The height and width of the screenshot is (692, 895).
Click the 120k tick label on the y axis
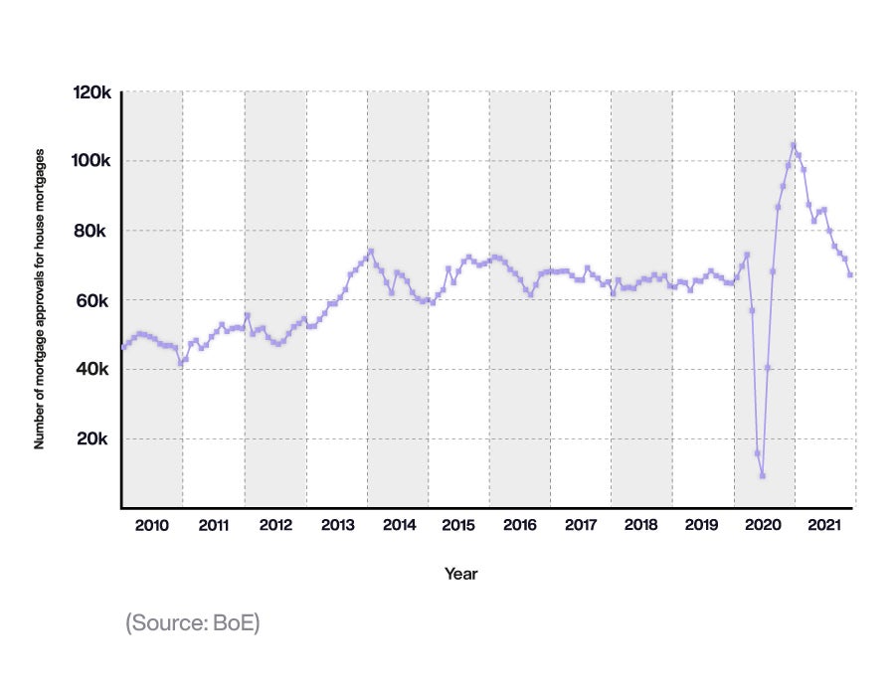pyautogui.click(x=91, y=92)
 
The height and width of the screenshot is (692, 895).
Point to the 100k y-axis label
pyautogui.click(x=91, y=161)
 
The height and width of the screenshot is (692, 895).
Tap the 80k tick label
pyautogui.click(x=94, y=231)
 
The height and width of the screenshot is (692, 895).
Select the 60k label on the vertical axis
pyautogui.click(x=94, y=300)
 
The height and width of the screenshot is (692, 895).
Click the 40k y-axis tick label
pyautogui.click(x=94, y=370)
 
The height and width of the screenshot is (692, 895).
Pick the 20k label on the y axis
pyautogui.click(x=94, y=439)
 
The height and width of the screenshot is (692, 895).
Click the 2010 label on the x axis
pyautogui.click(x=153, y=524)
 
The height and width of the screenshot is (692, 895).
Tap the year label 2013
pyautogui.click(x=336, y=524)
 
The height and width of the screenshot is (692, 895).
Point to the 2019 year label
pyautogui.click(x=702, y=524)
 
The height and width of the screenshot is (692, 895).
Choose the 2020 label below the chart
pyautogui.click(x=764, y=524)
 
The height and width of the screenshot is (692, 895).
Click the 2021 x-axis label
pyautogui.click(x=824, y=524)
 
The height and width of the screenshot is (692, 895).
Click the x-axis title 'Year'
pyautogui.click(x=460, y=574)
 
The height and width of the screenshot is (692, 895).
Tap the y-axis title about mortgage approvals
pyautogui.click(x=41, y=299)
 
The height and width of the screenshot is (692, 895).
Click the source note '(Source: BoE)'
pyautogui.click(x=192, y=624)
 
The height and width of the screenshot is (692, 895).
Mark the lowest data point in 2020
pyautogui.click(x=763, y=475)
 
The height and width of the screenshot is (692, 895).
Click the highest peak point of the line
pyautogui.click(x=794, y=145)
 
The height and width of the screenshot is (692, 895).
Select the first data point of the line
pyautogui.click(x=123, y=347)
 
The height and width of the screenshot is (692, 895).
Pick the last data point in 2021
pyautogui.click(x=850, y=274)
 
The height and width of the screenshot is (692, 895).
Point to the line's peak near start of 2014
pyautogui.click(x=371, y=251)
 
